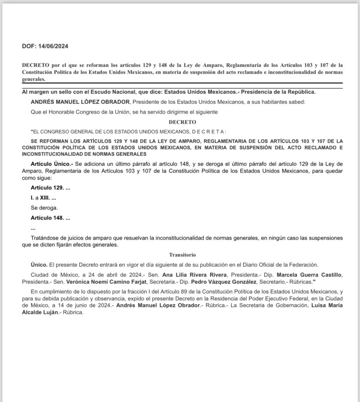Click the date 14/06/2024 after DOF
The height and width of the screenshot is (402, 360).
(x=53, y=46)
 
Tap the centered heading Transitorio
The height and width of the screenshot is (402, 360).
(x=180, y=254)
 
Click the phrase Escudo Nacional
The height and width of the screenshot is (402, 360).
(x=102, y=92)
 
